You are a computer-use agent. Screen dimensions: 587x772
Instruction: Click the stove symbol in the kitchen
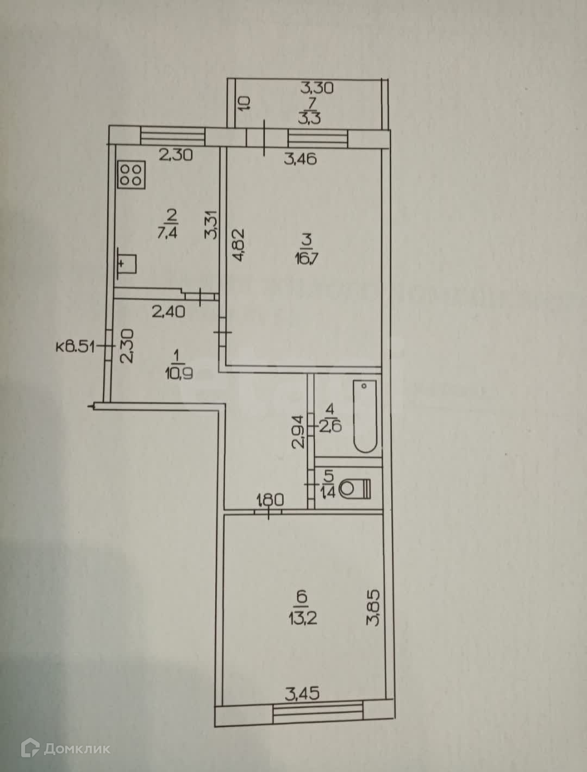point(132,175)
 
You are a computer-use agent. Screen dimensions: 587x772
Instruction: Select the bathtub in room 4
point(365,416)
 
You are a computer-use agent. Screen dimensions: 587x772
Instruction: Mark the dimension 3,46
point(301,159)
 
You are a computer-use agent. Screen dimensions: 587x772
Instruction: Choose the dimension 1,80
point(270,499)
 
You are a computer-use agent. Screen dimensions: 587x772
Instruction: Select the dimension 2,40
point(168,311)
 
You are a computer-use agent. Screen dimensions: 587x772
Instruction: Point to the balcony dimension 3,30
point(317,87)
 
